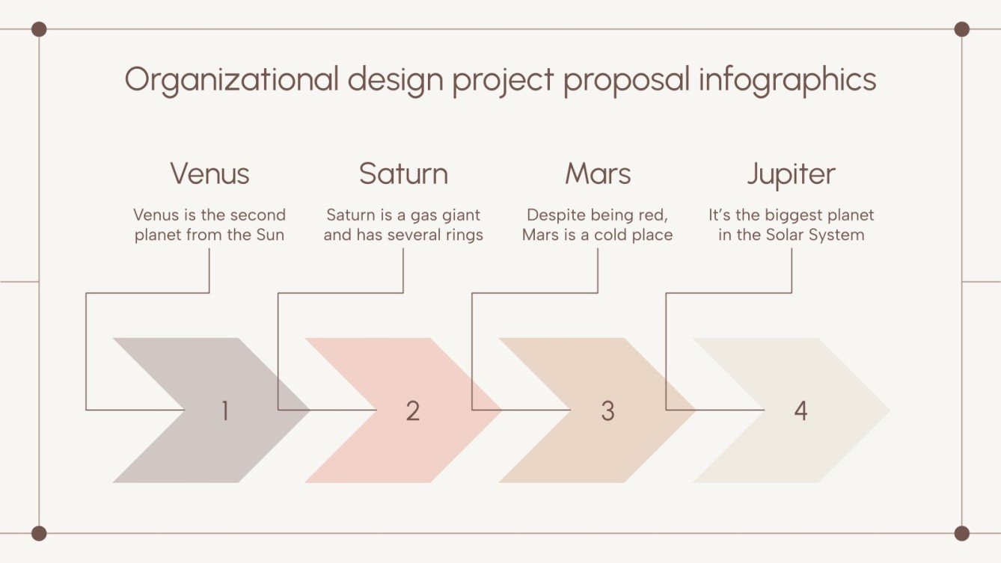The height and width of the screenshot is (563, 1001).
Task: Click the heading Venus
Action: tap(209, 173)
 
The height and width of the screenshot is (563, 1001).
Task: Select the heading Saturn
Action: tap(403, 173)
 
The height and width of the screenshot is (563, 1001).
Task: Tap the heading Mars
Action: tap(598, 173)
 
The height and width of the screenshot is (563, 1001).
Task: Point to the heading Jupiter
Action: tap(791, 173)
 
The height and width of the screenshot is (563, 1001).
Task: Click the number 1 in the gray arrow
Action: tap(224, 410)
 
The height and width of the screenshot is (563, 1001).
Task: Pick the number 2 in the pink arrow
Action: tap(413, 410)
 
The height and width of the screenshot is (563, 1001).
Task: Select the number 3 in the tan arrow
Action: tap(607, 410)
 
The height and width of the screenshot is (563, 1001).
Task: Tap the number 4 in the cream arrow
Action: tap(801, 410)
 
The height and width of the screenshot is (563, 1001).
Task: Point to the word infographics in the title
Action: tap(787, 79)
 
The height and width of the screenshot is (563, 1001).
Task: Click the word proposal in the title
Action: tap(626, 79)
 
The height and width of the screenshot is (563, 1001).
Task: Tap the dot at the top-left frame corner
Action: tap(39, 29)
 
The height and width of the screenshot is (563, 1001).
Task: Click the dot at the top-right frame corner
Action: tap(962, 29)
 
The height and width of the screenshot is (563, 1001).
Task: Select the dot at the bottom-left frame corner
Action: tap(39, 533)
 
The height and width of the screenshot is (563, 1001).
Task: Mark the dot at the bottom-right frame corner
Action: tap(962, 533)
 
